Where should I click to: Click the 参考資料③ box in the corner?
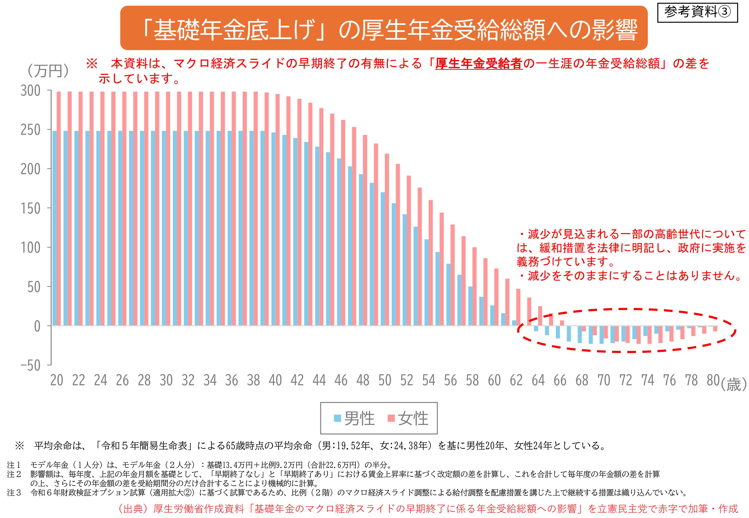pos(697,13)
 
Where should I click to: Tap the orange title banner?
pos(383,28)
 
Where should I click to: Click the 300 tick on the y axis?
pos(31,91)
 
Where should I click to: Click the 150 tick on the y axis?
pos(31,209)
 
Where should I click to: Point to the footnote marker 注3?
pos(14,493)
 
